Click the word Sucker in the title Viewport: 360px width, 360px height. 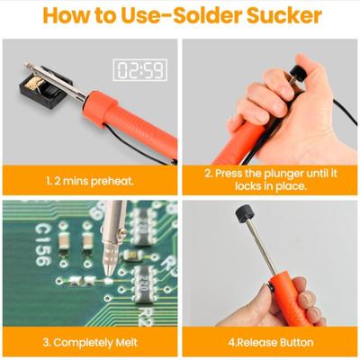(x=283, y=16)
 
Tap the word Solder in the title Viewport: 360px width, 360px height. (x=207, y=16)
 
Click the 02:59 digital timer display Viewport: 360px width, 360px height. (x=139, y=70)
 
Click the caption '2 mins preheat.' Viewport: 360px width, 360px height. (x=94, y=181)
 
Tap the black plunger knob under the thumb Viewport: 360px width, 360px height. (x=298, y=73)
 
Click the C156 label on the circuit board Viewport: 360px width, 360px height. (x=44, y=245)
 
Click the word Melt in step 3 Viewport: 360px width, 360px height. (x=126, y=342)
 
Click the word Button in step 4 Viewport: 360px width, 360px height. (x=296, y=342)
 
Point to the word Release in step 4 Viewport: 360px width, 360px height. (x=256, y=342)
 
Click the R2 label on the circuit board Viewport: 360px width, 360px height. (x=148, y=315)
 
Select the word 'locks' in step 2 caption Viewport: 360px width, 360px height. (x=247, y=186)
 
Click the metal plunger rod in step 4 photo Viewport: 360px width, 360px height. (x=260, y=249)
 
